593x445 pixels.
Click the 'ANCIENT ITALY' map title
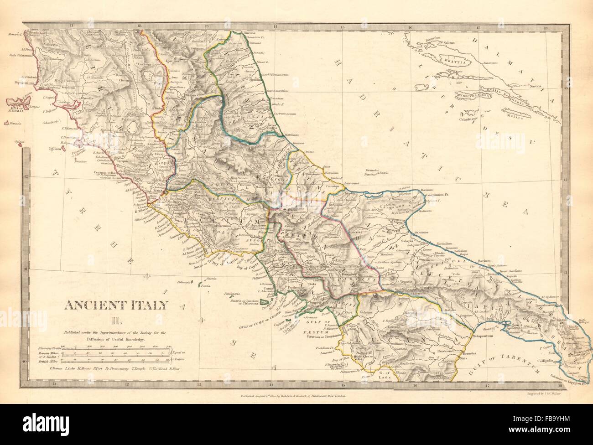pyautogui.click(x=116, y=304)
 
